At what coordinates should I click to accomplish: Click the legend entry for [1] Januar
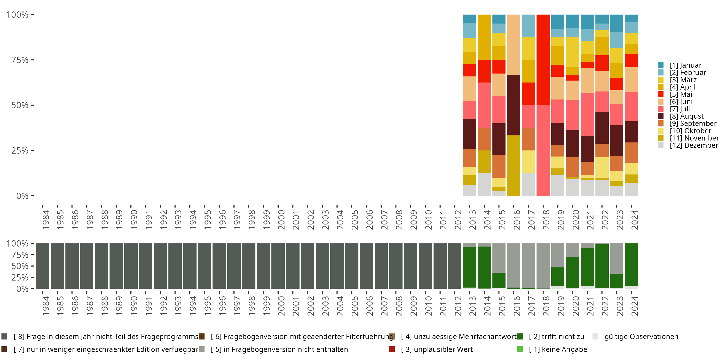pos(685,65)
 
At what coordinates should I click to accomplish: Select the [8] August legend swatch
pos(660,116)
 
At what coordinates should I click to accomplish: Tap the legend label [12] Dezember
pos(694,145)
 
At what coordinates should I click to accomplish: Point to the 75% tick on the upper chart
pos(32,60)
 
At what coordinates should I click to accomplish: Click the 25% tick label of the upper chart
pos(20,151)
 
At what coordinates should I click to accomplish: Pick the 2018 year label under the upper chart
pos(546,220)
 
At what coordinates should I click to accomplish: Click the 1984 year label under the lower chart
pos(46,306)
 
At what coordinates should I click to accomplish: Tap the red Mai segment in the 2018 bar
pos(543,60)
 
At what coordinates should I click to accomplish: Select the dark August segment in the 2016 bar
pos(513,105)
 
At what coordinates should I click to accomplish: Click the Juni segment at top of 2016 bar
pos(513,45)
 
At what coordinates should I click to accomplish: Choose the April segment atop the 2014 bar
pos(484,37)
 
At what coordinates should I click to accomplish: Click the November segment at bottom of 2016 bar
pos(513,165)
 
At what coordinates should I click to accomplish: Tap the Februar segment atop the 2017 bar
pos(528,26)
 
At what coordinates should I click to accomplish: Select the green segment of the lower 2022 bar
pos(602,266)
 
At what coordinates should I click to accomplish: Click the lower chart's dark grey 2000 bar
pos(278,266)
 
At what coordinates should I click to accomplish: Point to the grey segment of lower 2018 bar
pos(543,266)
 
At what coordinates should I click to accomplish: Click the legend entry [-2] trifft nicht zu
pos(556,337)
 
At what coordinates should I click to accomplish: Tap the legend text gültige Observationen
pos(641,337)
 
